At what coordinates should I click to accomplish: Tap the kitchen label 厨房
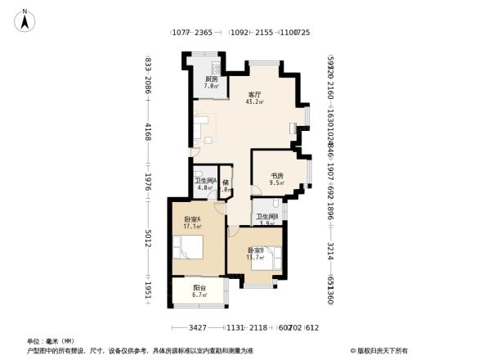211,79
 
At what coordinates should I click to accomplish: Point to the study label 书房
277,176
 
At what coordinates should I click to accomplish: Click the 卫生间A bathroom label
204,181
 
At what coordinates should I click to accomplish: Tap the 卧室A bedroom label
192,219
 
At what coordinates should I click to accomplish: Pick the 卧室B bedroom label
256,250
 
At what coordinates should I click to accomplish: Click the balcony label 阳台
199,287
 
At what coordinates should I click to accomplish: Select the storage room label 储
226,182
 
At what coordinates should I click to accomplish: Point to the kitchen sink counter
211,65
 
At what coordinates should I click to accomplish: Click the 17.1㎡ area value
193,227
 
